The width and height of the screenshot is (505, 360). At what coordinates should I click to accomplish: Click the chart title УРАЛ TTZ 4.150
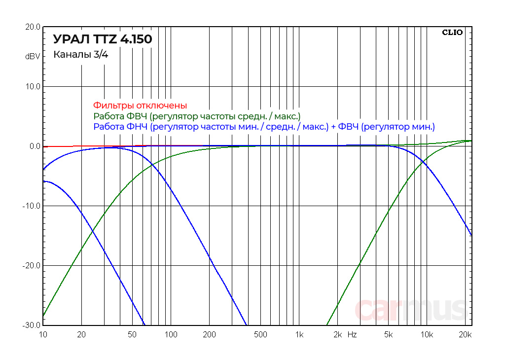(x=103, y=39)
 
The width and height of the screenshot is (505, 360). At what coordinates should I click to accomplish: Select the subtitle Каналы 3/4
(x=80, y=55)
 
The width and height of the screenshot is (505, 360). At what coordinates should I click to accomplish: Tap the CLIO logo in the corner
(x=452, y=33)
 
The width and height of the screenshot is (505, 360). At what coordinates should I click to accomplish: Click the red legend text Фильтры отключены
(x=140, y=106)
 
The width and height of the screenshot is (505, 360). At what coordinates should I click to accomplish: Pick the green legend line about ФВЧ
(x=197, y=116)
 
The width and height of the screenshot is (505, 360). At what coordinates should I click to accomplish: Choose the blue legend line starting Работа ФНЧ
(x=264, y=127)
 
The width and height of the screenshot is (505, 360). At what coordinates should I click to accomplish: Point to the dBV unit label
(x=33, y=57)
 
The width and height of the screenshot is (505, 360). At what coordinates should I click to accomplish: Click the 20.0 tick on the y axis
(x=33, y=27)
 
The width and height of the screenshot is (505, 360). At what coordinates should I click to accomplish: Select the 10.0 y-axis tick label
(x=33, y=87)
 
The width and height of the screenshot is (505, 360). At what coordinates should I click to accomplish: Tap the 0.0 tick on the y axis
(x=35, y=146)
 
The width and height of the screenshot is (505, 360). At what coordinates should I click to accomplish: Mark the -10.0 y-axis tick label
(x=32, y=206)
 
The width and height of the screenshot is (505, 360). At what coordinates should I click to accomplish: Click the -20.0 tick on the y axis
(x=32, y=266)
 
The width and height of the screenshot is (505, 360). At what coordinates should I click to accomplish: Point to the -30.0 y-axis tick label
(x=32, y=325)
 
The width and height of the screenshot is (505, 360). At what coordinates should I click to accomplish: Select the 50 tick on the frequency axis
(x=132, y=335)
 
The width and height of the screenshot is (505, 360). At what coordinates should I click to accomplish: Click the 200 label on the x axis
(x=209, y=335)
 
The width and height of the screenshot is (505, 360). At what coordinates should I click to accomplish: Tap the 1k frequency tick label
(x=299, y=335)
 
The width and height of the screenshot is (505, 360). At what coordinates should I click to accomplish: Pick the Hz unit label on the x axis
(x=352, y=335)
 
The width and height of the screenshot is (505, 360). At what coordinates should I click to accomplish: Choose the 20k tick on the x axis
(x=465, y=335)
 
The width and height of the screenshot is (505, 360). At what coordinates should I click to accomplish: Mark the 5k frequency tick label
(x=388, y=335)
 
